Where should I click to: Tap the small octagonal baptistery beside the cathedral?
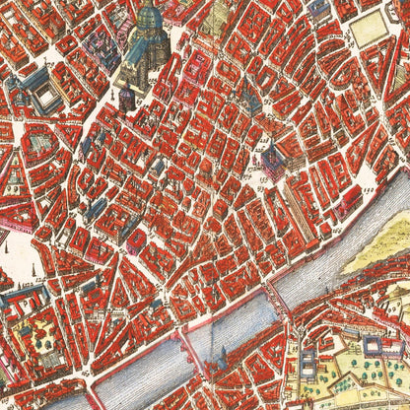[x=126, y=96]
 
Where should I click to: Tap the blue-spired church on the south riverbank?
[x=218, y=364]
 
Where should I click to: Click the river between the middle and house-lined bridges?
[x=232, y=320]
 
